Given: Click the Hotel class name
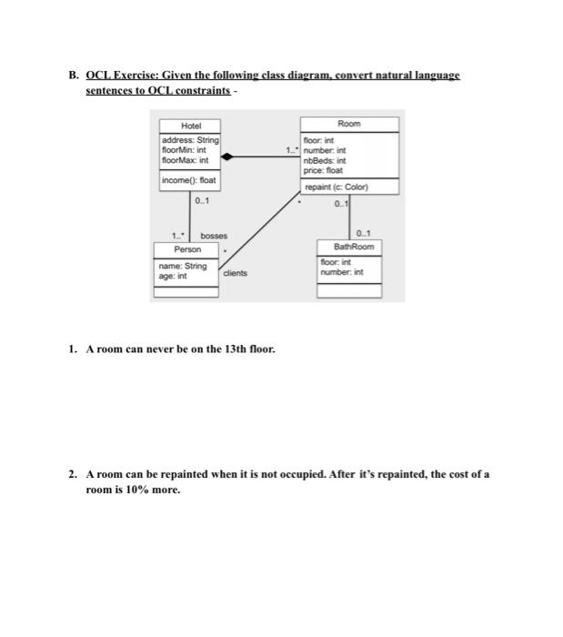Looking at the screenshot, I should pos(189,126).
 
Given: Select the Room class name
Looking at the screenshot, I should pos(348,124).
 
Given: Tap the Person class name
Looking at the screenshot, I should pos(187,248).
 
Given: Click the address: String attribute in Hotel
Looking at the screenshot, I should pos(189,140).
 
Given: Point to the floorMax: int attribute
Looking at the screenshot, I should pos(185,160).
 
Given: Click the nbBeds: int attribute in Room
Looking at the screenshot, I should pos(325,160).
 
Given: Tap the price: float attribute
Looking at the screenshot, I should pos(323,169).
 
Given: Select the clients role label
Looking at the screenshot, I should pos(234,272).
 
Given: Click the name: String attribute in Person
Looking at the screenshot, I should pos(184,266).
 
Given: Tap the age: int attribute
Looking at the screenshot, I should pos(174,275).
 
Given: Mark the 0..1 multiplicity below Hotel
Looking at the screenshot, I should pos(202,200).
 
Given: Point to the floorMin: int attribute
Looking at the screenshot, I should pos(185,150).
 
